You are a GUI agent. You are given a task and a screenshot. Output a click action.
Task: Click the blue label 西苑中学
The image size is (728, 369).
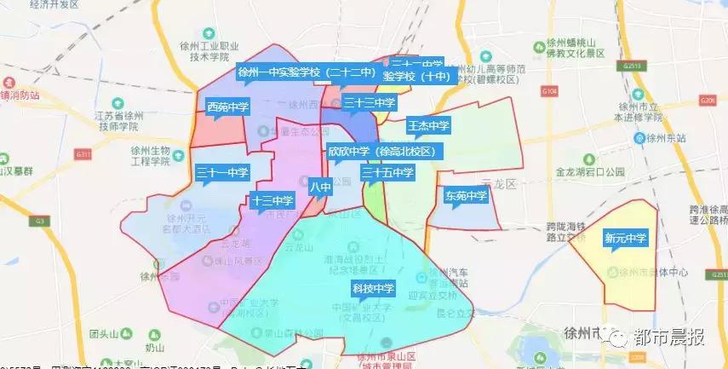click(228, 107)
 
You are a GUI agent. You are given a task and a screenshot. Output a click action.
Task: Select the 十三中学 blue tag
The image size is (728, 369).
click(272, 201)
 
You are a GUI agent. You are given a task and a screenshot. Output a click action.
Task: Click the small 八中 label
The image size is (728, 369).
click(320, 186)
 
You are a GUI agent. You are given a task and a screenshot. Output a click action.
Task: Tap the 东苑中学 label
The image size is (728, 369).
click(466, 196)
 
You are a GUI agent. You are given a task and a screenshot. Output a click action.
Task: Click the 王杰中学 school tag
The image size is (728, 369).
click(428, 126)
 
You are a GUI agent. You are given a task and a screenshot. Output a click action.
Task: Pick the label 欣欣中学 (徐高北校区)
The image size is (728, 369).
click(381, 151)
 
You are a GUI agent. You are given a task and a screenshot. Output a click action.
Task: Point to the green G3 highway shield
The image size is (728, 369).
click(39, 222)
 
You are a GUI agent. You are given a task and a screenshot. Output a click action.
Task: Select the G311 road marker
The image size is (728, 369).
click(82, 153)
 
